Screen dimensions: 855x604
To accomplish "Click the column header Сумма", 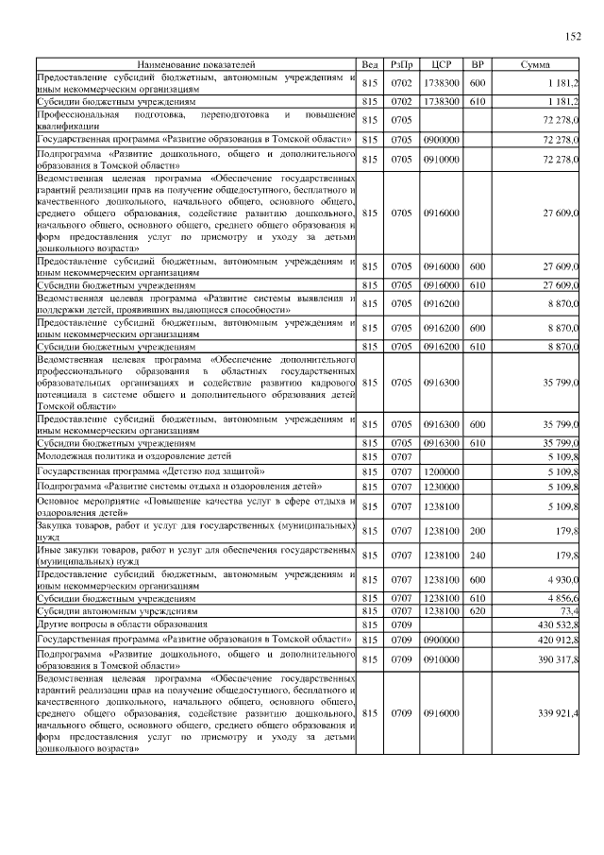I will coord(535,65).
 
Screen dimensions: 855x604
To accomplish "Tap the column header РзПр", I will coord(401,65).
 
